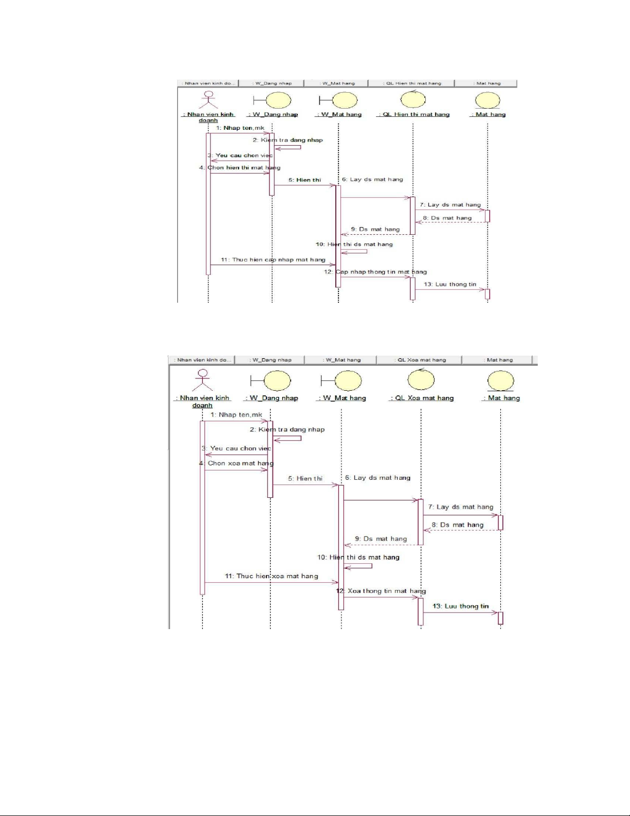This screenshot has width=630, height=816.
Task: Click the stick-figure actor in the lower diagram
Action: click(203, 380)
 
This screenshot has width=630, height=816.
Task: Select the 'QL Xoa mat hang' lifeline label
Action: click(422, 398)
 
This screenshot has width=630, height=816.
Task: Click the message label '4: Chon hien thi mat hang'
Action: click(240, 167)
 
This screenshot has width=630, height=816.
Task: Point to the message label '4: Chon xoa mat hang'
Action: click(237, 463)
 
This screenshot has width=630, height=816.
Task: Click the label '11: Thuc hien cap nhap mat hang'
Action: click(273, 259)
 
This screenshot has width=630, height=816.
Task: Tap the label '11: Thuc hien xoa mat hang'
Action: click(272, 576)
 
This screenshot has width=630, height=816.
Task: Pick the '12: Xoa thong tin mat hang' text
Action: click(381, 591)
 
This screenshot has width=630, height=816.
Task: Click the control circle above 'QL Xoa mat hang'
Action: click(421, 380)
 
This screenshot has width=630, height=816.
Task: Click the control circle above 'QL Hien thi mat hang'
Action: click(413, 99)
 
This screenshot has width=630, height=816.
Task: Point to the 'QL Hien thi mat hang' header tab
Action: click(412, 83)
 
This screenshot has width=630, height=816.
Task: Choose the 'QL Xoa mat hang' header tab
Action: click(420, 360)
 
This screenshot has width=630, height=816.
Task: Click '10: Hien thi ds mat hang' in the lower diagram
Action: click(358, 557)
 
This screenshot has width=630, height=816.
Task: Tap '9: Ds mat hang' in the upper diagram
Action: click(375, 229)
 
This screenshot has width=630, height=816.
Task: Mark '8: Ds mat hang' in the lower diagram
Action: click(458, 525)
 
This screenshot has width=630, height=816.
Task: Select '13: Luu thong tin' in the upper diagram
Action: click(450, 284)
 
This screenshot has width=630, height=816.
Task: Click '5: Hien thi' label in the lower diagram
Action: click(305, 478)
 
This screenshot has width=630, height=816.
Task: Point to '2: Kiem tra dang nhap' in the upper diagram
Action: click(288, 140)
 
